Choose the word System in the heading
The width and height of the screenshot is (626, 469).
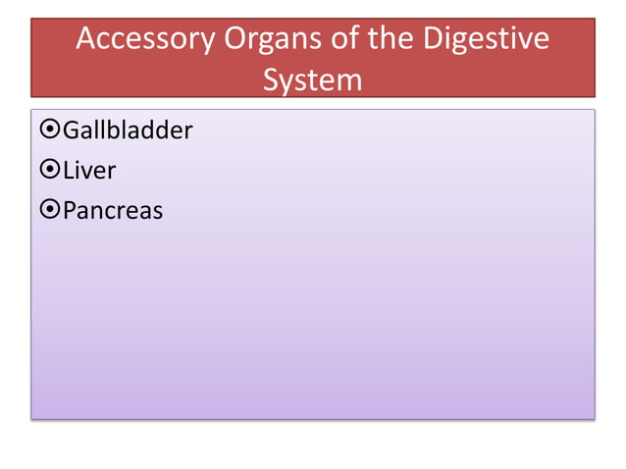312,78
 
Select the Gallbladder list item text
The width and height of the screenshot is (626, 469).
128,130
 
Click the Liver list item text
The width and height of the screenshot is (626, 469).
89,170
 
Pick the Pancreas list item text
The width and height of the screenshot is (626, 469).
113,210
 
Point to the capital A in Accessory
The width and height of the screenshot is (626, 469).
87,40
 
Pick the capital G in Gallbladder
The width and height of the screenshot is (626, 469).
72,130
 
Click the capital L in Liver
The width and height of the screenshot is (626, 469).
69,170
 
